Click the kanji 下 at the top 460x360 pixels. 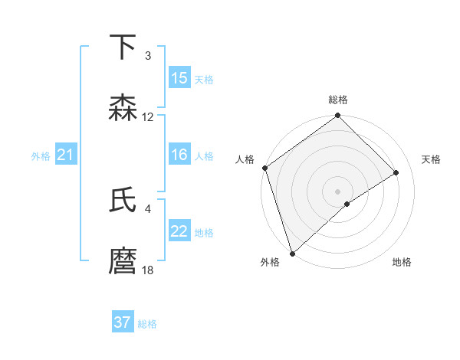123,48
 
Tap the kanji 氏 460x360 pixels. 123,201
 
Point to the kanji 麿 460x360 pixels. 123,261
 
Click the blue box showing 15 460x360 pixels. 179,78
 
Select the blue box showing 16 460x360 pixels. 179,155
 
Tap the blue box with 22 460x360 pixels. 179,231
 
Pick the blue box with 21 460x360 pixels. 66,155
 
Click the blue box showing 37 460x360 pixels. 123,322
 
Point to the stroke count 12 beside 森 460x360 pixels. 148,117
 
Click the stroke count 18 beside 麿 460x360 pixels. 148,270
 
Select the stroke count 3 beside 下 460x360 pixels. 148,56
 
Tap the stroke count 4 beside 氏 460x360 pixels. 148,208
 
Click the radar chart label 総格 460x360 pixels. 338,100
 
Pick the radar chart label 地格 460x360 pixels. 402,263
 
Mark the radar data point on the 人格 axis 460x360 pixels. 264,168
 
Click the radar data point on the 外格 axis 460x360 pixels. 291,254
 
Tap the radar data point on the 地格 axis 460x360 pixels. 347,204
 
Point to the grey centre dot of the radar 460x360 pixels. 338,191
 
